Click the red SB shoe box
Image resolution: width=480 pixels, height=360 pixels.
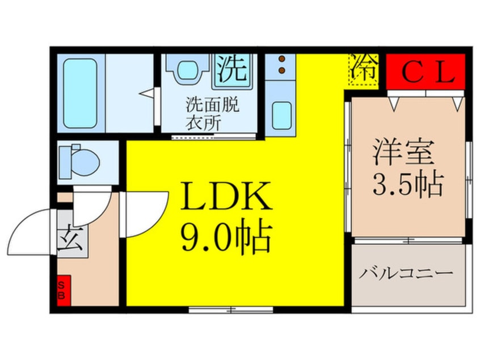(x=63, y=291)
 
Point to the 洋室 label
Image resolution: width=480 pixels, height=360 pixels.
(x=403, y=154)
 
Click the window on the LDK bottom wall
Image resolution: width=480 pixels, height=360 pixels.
(x=230, y=309)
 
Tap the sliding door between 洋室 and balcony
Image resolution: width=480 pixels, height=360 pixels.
(x=409, y=241)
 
